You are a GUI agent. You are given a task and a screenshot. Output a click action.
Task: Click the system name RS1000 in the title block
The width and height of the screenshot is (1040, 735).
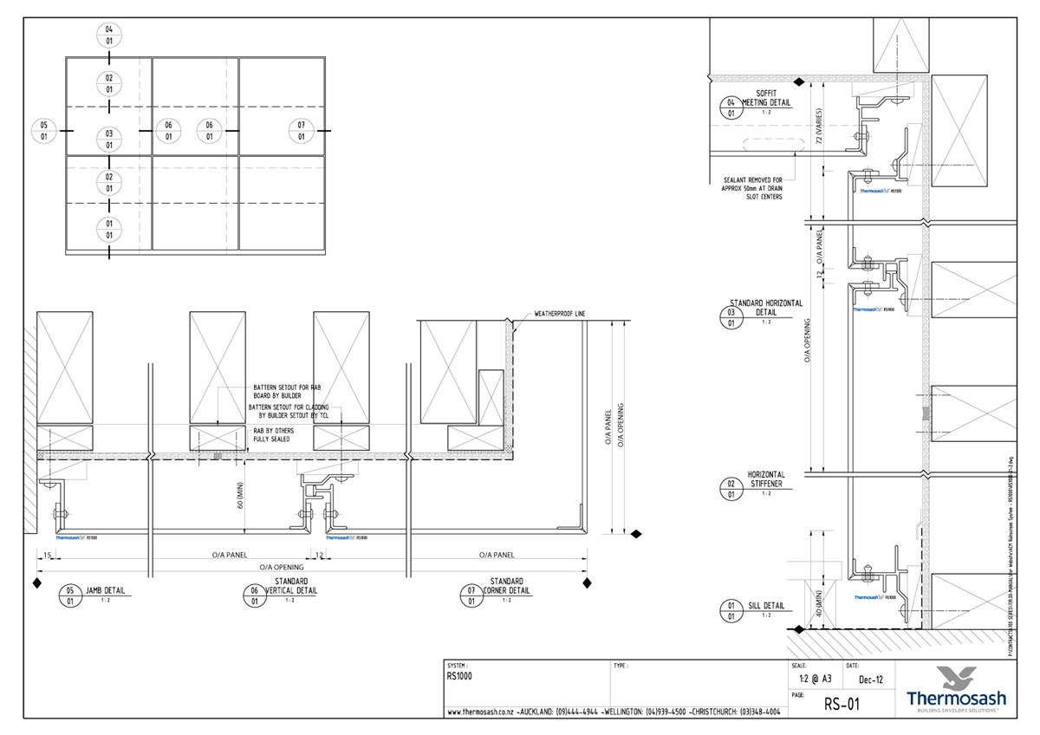459,677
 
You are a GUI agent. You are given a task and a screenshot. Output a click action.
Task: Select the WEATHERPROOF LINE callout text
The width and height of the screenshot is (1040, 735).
559,313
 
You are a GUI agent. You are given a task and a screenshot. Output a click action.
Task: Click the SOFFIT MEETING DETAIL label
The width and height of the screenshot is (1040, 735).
765,97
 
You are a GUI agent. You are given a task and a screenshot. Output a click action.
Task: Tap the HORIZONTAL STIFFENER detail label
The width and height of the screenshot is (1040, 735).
766,479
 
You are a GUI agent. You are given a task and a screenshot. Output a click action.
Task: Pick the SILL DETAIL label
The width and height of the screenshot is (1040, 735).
766,606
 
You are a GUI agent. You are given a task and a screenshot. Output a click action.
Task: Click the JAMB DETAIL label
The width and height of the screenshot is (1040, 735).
105,590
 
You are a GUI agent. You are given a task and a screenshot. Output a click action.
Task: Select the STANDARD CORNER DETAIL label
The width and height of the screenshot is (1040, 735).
506,586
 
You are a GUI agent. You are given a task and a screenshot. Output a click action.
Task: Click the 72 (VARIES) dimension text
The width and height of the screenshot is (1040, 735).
817,127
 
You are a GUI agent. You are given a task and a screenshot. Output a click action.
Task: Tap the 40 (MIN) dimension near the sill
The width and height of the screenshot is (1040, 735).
817,604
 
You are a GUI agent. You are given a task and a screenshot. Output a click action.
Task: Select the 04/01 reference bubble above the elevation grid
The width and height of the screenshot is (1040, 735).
109,35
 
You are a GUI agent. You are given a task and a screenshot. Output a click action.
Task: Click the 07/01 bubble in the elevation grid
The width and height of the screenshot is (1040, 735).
301,131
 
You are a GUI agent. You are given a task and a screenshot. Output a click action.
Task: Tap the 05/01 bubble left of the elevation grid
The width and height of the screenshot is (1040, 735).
43,131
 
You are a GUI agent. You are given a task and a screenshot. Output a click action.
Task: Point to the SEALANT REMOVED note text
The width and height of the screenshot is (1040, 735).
752,188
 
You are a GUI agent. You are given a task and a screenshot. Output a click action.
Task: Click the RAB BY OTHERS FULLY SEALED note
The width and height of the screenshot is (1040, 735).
272,434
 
